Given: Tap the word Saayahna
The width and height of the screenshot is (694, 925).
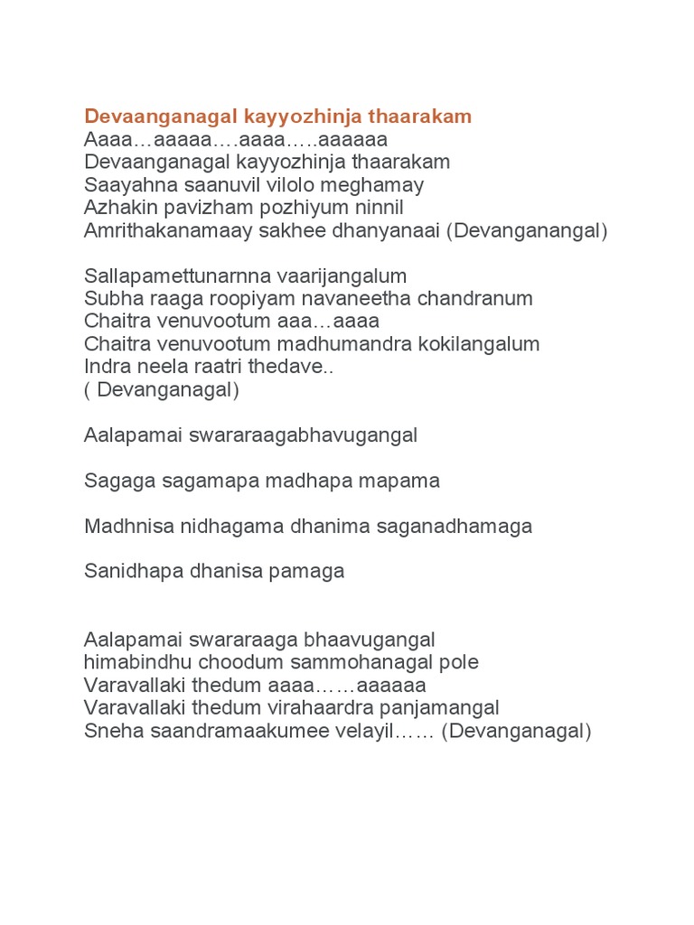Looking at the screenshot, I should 126,185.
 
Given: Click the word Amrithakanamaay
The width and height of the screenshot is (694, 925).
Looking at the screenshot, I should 159,230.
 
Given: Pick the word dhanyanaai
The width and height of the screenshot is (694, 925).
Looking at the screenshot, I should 397,230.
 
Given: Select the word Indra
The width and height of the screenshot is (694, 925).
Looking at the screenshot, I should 107,367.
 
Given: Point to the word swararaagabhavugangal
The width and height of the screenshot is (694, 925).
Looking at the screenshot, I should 304,435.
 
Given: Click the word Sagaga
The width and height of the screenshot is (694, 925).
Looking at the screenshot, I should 112,481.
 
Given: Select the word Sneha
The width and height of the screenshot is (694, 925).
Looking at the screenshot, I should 108,731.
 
